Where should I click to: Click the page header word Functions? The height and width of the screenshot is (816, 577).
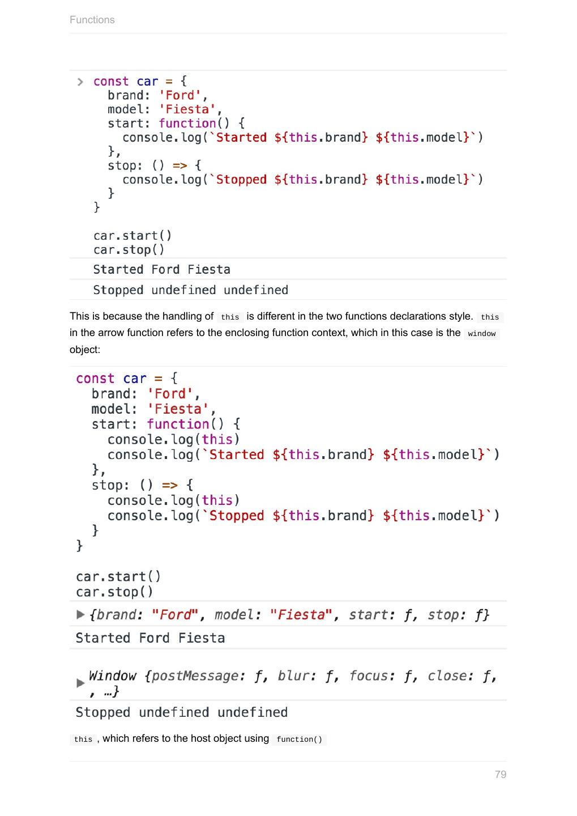pos(92,20)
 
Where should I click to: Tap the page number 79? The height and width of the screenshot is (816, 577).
pos(500,774)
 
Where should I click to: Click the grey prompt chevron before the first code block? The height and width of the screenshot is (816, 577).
pos(80,82)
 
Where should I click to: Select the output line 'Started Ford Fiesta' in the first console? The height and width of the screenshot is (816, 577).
pos(161,270)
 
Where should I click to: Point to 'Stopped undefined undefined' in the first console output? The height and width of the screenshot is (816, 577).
pos(190,290)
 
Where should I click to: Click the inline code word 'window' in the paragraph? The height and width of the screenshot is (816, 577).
pos(481,334)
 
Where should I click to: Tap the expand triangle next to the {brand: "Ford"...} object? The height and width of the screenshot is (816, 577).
pos(80,615)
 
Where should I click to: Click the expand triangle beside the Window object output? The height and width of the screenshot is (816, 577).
pos(80,683)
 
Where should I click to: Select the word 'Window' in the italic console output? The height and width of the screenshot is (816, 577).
pos(112,675)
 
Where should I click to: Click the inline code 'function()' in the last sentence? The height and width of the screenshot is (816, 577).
pos(299,739)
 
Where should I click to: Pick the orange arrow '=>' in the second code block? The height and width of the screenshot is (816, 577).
pos(169,485)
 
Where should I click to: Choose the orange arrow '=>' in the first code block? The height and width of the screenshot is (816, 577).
pos(179,165)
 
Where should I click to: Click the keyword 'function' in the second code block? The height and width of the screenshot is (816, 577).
pos(178,424)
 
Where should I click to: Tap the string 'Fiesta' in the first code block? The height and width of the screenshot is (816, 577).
pos(187,109)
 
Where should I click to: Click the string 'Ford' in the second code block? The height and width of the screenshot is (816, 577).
pos(170,394)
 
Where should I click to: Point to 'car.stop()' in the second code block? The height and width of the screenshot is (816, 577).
pos(114,592)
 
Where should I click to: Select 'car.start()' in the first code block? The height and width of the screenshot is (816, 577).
pos(133,236)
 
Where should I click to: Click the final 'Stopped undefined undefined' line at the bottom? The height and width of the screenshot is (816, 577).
pos(181,712)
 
